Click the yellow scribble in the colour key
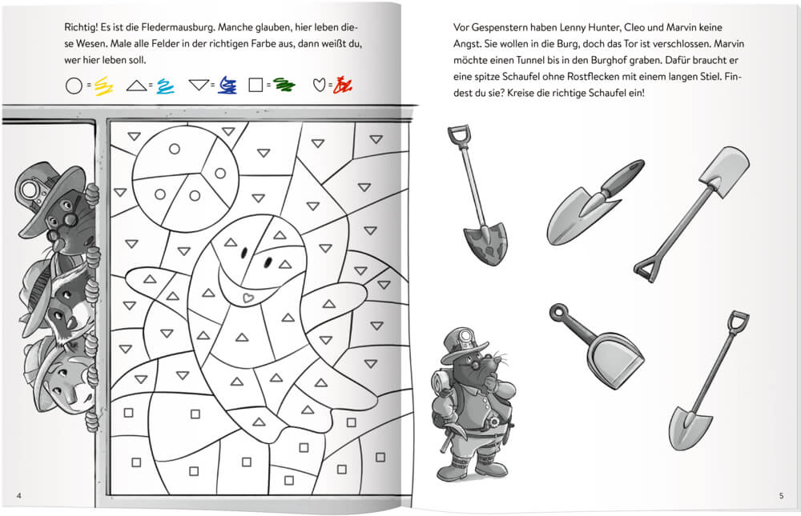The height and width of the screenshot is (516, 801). (103, 84)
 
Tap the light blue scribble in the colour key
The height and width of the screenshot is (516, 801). (165, 84)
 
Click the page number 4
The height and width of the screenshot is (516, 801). (18, 497)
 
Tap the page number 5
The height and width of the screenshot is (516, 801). (781, 497)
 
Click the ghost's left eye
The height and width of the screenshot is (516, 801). (241, 254)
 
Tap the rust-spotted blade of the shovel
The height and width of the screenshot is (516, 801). (485, 243)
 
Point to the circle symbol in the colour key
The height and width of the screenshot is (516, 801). (74, 84)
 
